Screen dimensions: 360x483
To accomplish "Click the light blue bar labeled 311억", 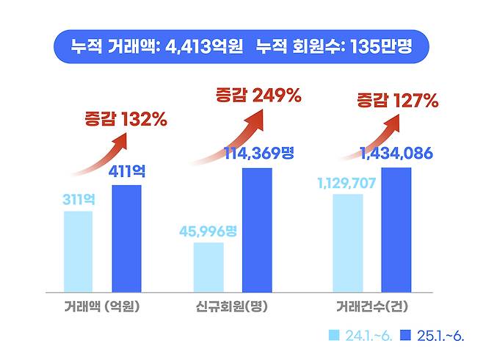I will click(79, 251).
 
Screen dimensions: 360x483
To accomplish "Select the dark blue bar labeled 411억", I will click(127, 238).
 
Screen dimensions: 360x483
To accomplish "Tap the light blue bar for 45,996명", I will click(208, 267).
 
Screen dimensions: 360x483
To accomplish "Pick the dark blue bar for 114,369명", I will click(257, 229).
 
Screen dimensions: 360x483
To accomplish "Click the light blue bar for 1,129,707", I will click(348, 242).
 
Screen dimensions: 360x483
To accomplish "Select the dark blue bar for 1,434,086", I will click(396, 229).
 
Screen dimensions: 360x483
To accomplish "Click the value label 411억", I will click(127, 172).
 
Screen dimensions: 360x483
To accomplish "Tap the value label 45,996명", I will click(208, 231).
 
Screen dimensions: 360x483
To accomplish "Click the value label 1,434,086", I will click(396, 154).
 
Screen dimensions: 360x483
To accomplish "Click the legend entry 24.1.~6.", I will click(360, 336).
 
